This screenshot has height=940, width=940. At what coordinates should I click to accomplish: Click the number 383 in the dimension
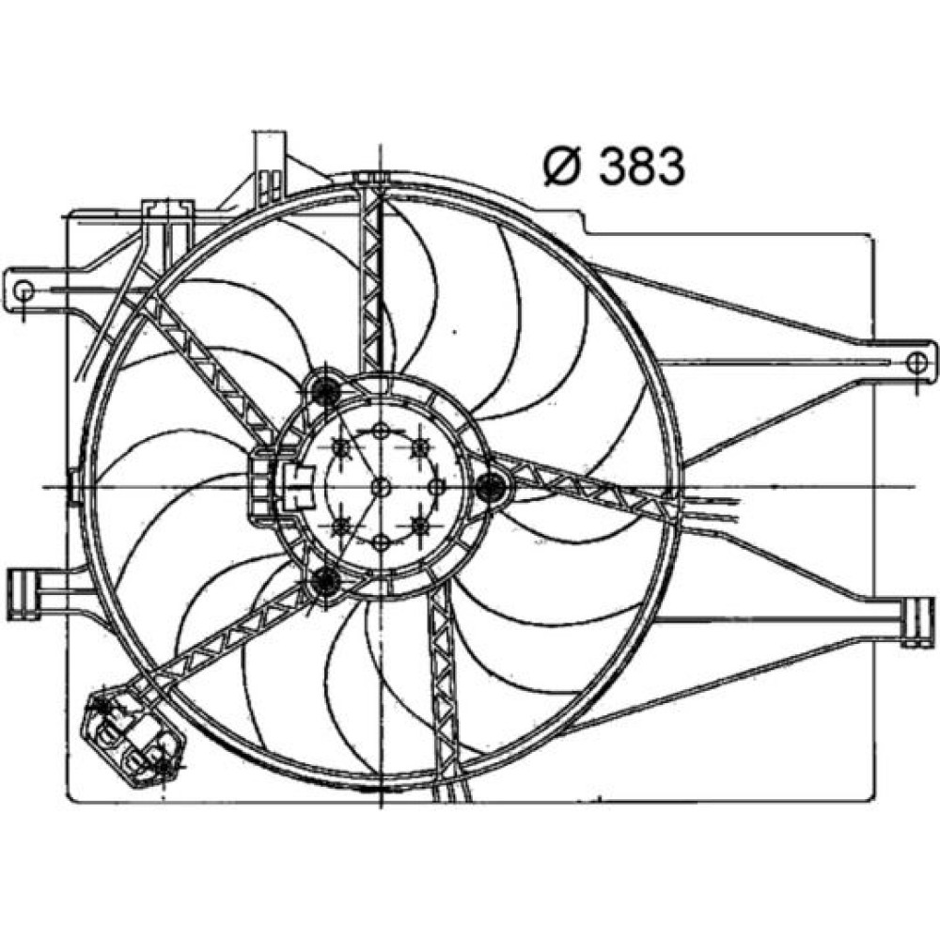(641, 166)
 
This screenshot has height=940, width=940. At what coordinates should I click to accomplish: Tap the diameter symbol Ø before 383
(563, 166)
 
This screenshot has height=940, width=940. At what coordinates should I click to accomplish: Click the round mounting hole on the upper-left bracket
(24, 290)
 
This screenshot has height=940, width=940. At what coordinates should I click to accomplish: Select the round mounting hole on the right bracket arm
(916, 362)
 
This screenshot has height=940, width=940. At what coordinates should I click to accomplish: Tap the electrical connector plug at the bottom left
(133, 736)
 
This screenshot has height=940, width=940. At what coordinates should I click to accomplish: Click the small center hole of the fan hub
(382, 487)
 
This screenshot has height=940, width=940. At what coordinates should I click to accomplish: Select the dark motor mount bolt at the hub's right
(492, 486)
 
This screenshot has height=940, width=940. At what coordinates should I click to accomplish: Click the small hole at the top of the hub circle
(382, 431)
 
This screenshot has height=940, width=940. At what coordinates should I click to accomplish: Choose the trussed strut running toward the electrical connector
(227, 634)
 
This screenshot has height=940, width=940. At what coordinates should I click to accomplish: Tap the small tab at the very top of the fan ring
(371, 177)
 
